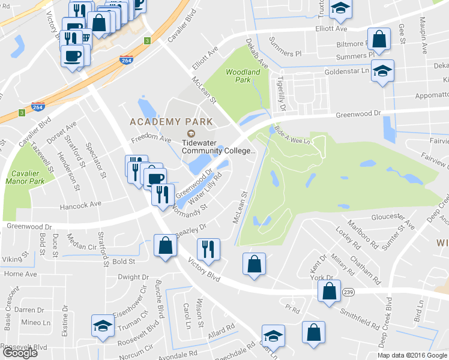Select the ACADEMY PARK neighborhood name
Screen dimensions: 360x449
pos(171,122)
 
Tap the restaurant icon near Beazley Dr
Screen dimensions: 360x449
pos(208,248)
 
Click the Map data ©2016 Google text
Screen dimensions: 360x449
pos(412,355)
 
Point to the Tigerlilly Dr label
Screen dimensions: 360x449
pos(280,92)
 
